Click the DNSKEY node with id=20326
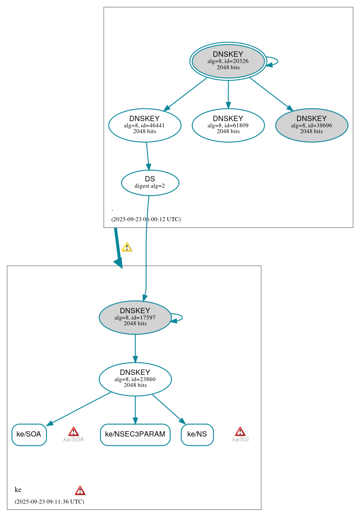pos(228,61)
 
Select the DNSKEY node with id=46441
pos(144,126)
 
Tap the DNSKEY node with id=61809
pos(228,126)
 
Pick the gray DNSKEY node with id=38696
pos(311,126)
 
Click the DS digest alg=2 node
pos(150,183)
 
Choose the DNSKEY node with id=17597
pos(135,318)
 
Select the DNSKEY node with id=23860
pos(135,379)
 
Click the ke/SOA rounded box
pos(29,434)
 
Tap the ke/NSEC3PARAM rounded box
pos(135,434)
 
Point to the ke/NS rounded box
pos(197,434)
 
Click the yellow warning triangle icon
pos(127,247)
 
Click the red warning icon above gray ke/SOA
pos(73,431)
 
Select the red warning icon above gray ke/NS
pos(240,431)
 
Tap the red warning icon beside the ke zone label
pos(80,490)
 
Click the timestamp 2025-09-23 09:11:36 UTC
pos(49,501)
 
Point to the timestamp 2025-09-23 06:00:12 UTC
pos(146,219)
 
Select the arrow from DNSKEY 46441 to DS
pos(148,156)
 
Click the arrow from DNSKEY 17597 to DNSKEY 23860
pos(135,349)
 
